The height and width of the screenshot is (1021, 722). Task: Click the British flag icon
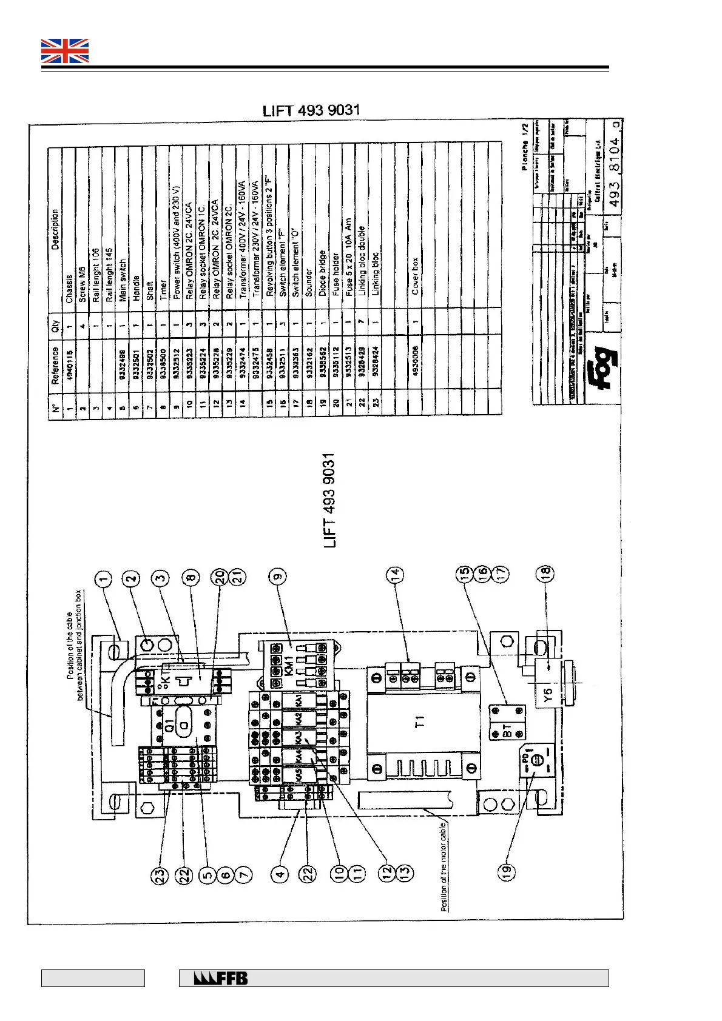coord(65,51)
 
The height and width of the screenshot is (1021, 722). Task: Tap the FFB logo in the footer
coord(221,979)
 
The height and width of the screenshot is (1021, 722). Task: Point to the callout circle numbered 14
coord(395,574)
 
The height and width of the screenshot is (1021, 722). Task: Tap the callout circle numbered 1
coord(104,580)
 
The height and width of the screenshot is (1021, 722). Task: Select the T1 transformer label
coord(420,721)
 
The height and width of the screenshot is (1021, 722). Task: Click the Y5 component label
coord(548,696)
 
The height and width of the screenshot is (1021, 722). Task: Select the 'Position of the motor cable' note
coord(445,867)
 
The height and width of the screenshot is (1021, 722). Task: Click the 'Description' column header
coord(56,230)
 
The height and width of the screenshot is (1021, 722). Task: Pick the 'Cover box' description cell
coord(415,276)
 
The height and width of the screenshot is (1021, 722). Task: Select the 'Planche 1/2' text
coord(525,147)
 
